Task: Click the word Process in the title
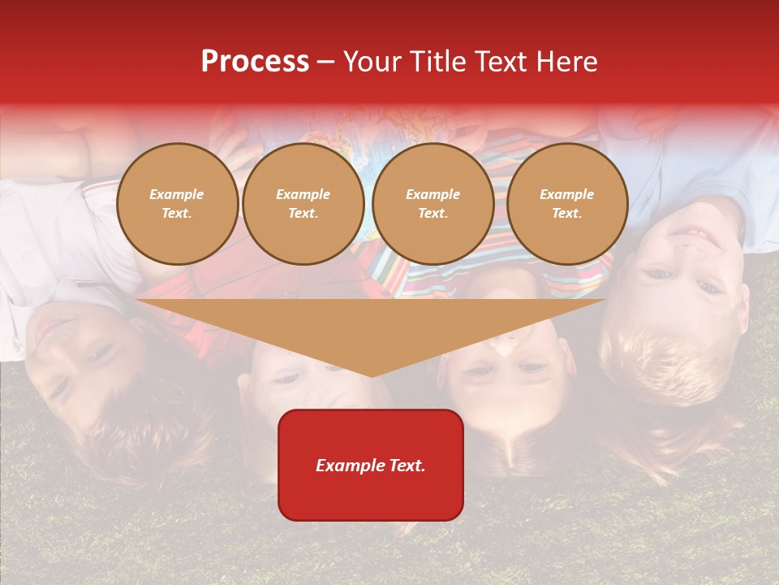click(255, 62)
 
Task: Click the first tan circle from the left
click(178, 204)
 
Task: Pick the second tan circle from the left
click(303, 204)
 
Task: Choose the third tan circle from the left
click(433, 204)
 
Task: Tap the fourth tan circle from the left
click(567, 204)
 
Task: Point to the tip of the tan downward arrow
click(372, 375)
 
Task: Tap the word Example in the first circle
click(177, 194)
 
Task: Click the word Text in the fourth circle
click(567, 214)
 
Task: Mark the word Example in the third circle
click(433, 194)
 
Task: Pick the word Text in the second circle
click(303, 214)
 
